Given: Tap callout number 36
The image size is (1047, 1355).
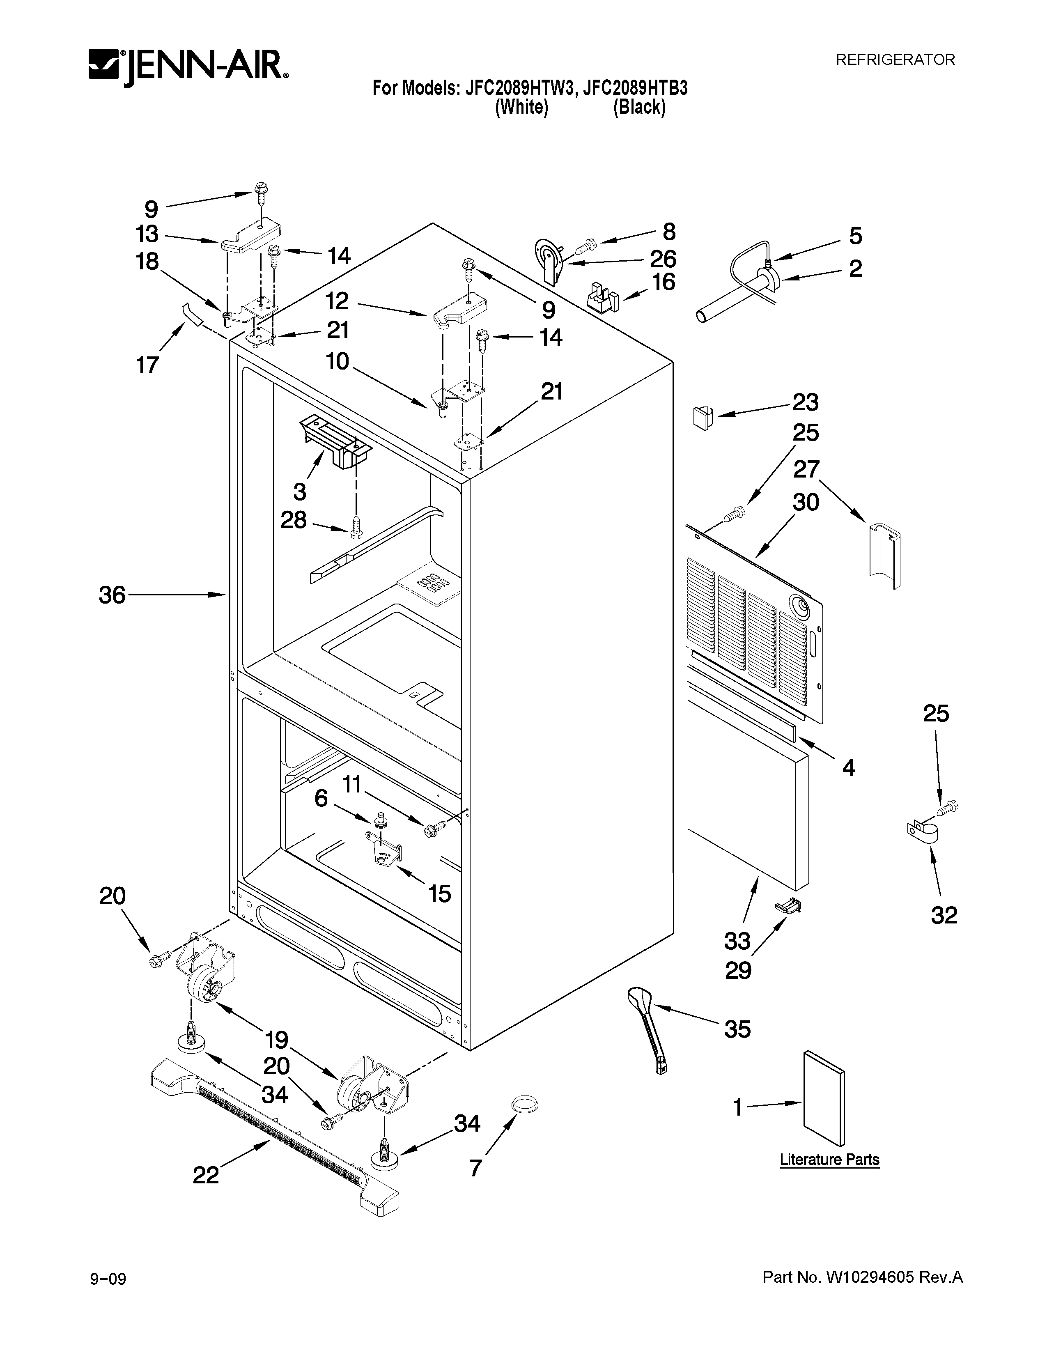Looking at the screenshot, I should coord(112,595).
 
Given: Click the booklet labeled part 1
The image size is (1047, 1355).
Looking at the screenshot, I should coord(823,1098).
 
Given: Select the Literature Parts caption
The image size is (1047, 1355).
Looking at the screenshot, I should coord(829,1159).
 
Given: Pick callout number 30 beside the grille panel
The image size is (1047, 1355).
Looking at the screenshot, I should coord(806,502).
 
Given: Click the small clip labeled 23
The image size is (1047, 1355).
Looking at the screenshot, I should coord(702,416).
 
